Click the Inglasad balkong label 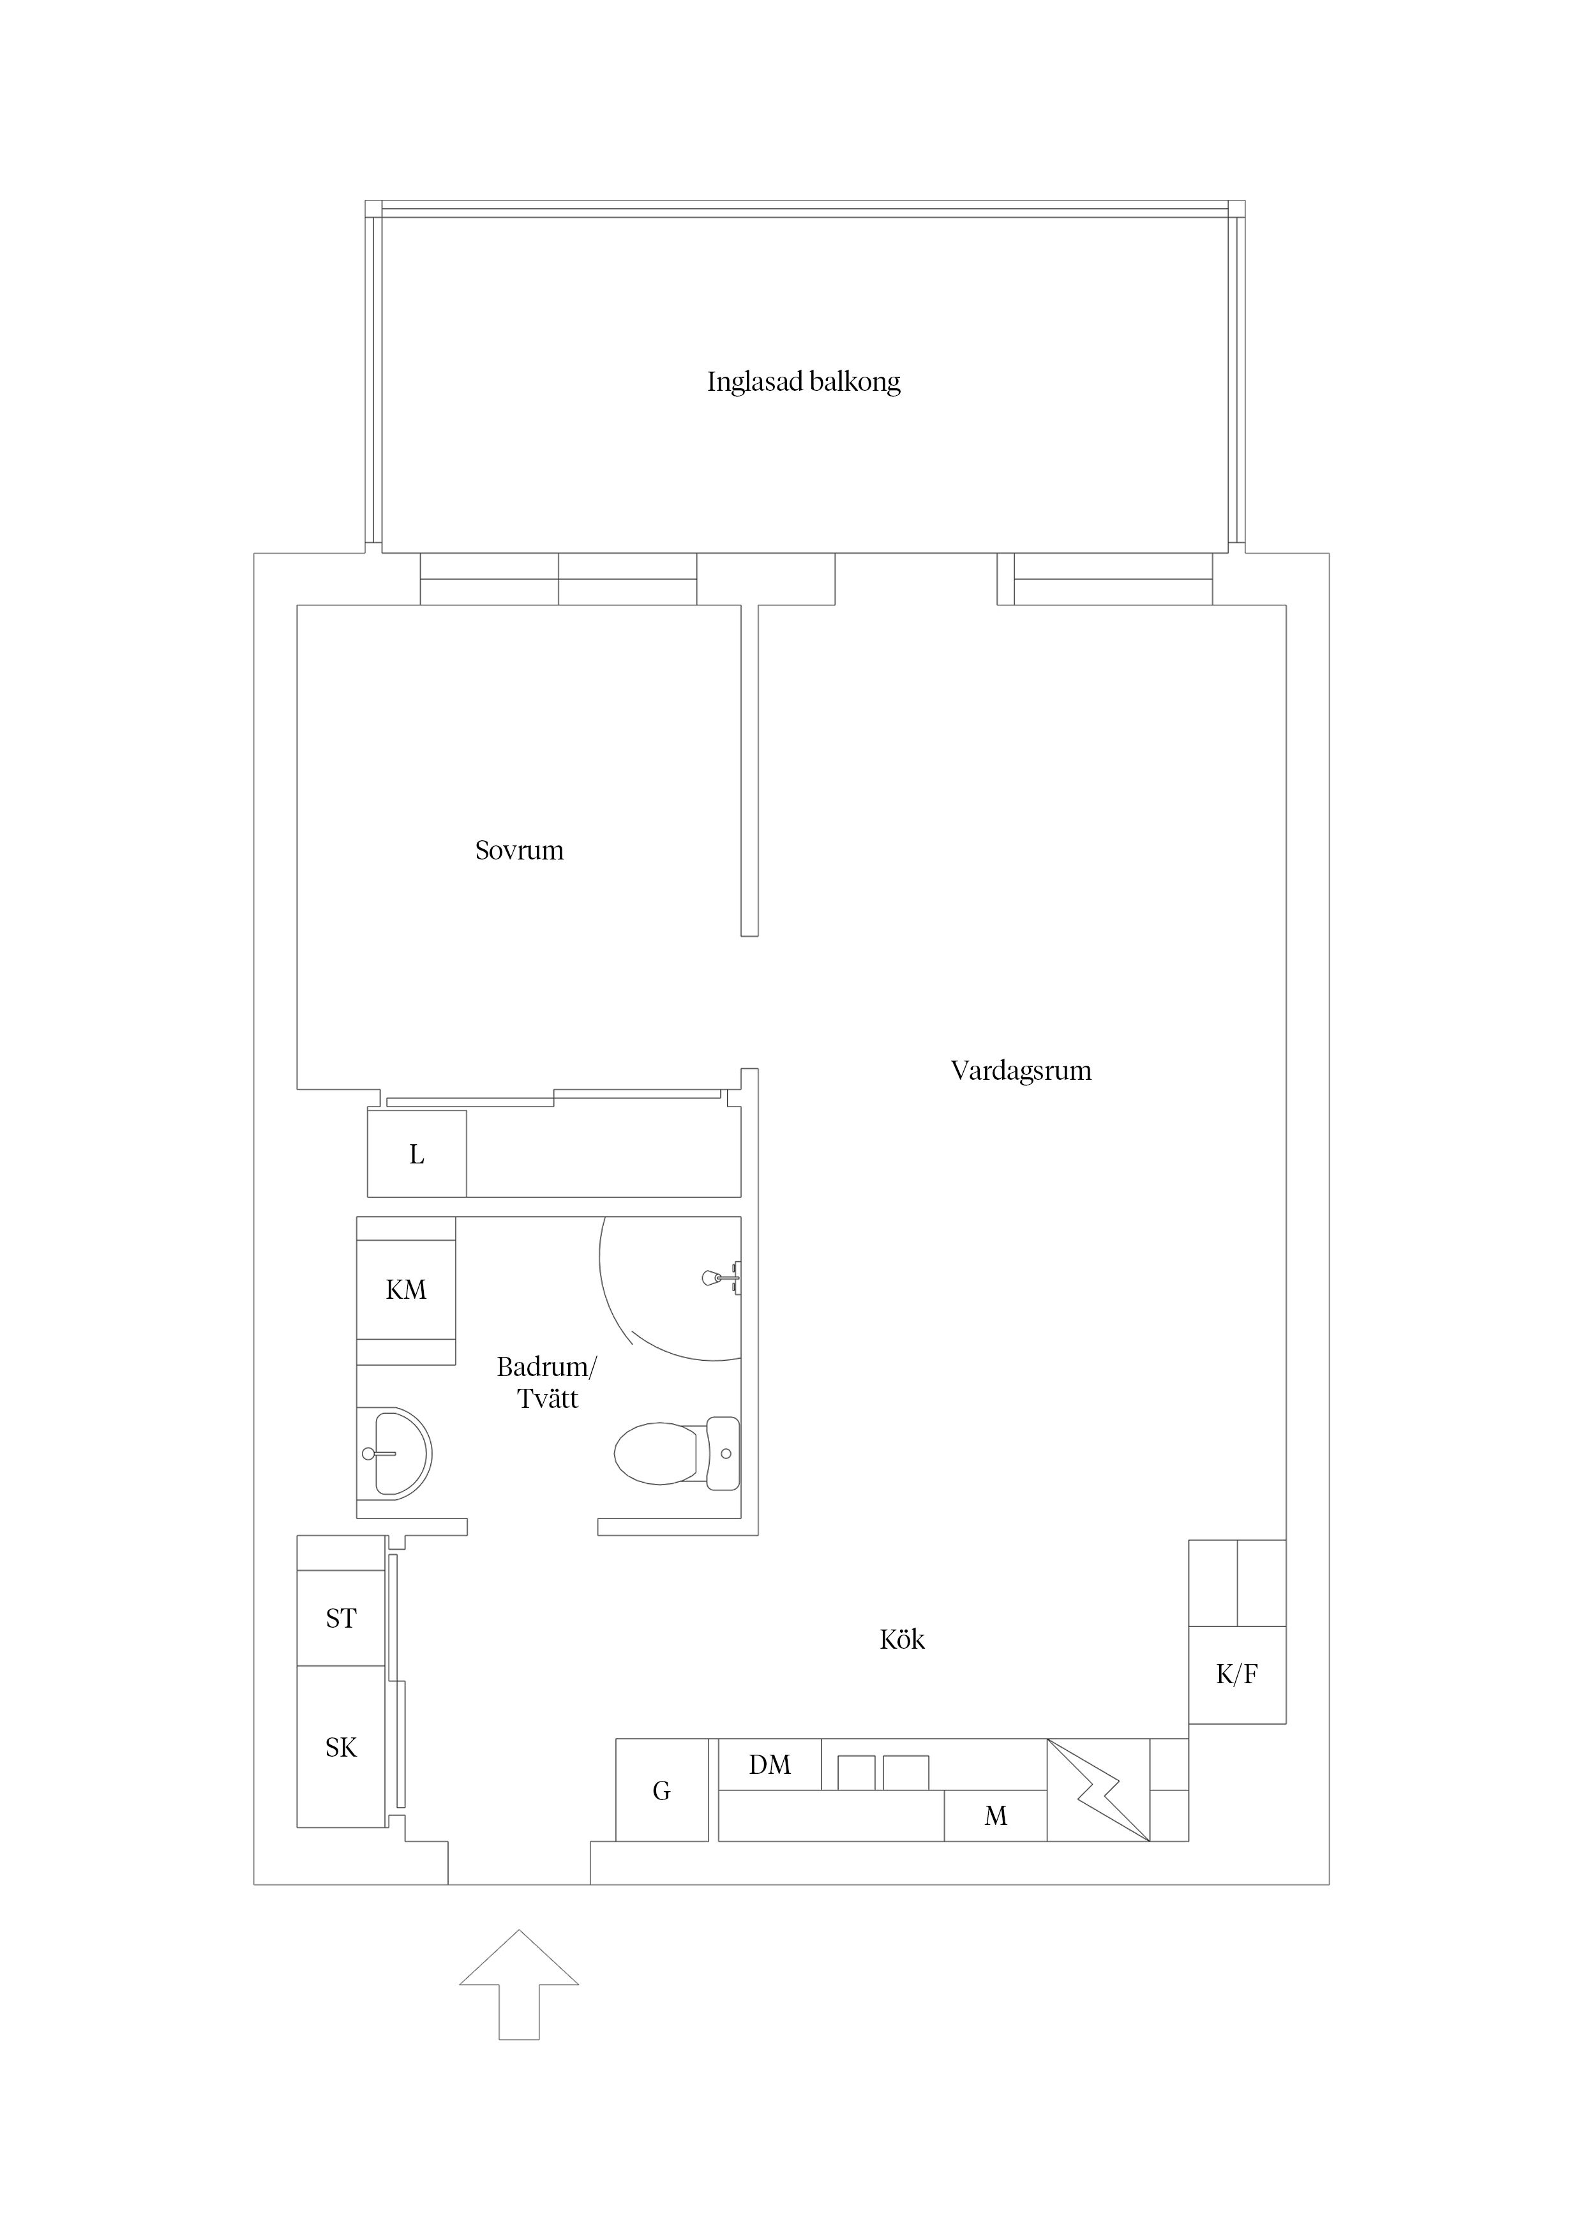point(804,381)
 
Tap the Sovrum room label point(519,851)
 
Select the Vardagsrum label point(1020,1071)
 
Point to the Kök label point(902,1640)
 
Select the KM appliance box point(406,1290)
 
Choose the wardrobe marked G point(661,1790)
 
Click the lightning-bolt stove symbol point(1099,1790)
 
